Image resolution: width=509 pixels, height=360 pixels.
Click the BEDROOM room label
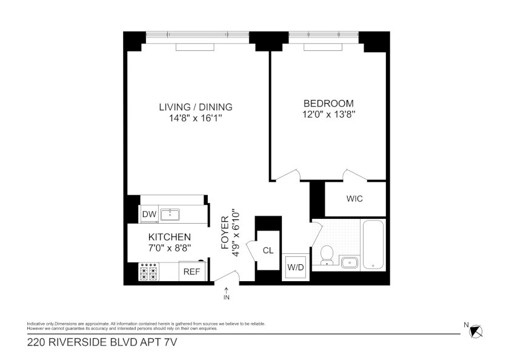point(328,104)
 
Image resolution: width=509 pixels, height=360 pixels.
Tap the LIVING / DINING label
point(195,107)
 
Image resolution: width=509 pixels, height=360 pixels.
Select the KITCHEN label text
point(170,237)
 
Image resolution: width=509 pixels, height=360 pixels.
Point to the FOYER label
point(225,233)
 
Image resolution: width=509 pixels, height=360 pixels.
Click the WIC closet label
point(354,199)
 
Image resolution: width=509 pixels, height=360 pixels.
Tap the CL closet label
point(268,250)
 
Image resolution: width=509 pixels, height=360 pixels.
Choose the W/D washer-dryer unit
point(296,267)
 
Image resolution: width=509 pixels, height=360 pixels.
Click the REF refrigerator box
point(192,272)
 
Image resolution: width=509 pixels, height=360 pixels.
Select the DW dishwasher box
point(149,215)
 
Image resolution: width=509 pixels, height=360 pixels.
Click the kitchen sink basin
point(170,215)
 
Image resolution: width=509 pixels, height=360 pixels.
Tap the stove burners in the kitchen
point(149,272)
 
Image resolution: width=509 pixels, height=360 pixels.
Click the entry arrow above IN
point(226,290)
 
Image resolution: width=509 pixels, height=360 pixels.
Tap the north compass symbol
point(476,331)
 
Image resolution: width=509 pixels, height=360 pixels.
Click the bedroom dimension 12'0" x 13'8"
point(329,115)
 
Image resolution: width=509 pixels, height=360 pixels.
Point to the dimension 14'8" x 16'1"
point(195,118)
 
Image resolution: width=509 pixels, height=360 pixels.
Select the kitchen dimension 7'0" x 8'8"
point(170,248)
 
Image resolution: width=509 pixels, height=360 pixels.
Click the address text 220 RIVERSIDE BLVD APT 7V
point(102,342)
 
